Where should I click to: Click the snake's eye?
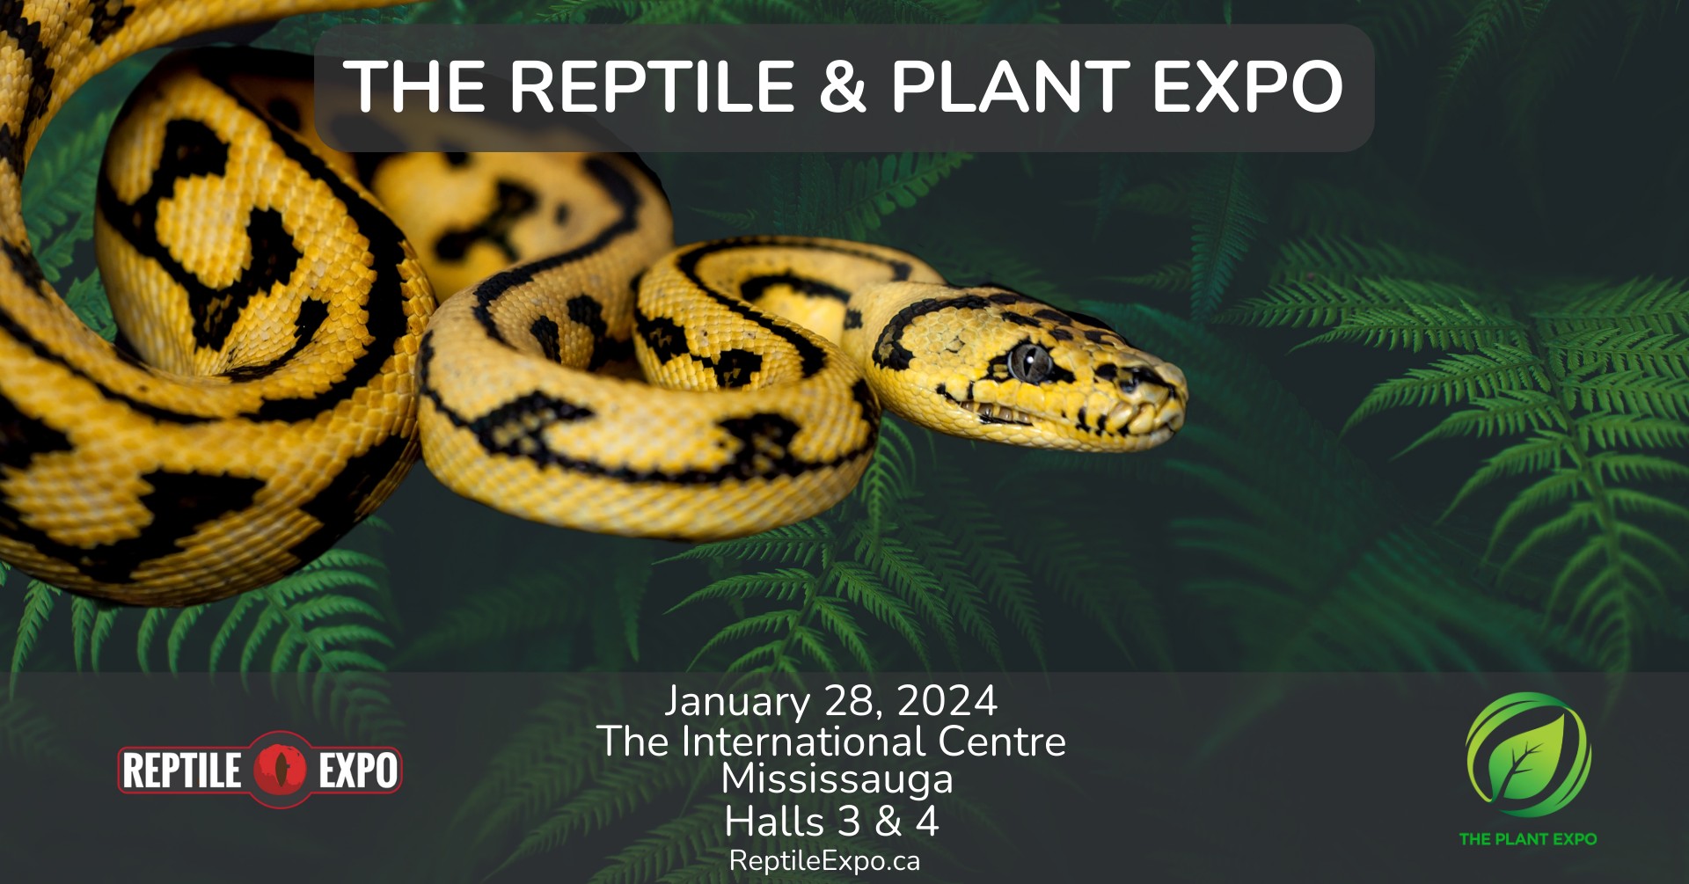point(1030,361)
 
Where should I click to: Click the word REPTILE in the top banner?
point(652,86)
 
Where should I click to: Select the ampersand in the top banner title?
point(842,86)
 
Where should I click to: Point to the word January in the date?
point(736,702)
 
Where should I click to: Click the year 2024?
point(947,701)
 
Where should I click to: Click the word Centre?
point(1001,742)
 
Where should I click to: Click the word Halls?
point(774,822)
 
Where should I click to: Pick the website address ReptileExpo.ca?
point(824,860)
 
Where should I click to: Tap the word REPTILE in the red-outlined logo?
point(181,771)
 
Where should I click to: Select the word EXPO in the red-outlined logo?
point(357,771)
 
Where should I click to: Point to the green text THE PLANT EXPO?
point(1528,839)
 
